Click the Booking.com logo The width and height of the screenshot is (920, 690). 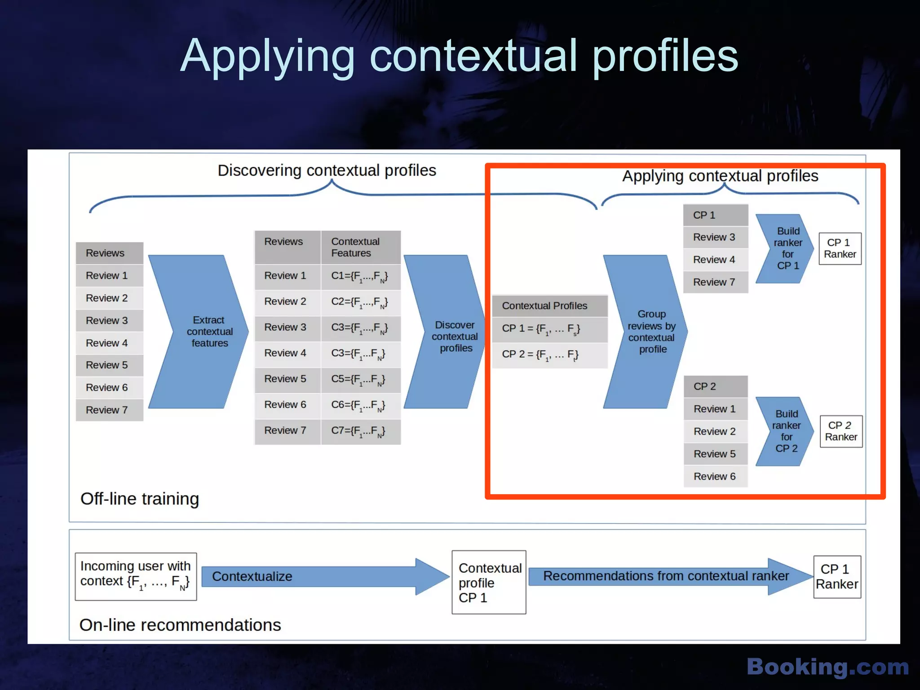point(827,667)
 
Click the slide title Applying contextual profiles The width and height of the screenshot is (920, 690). point(459,56)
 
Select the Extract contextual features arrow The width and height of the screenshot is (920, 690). point(202,332)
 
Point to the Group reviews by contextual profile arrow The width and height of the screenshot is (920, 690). point(647,332)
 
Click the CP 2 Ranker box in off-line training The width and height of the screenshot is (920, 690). point(841,431)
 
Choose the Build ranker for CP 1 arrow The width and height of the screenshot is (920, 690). point(785,248)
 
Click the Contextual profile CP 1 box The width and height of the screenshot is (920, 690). point(489,583)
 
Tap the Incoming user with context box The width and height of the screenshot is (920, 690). point(136,576)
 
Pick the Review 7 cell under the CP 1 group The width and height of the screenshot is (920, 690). point(715,282)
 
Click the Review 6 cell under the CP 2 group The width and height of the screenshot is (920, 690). point(715,476)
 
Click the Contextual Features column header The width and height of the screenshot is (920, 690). point(360,248)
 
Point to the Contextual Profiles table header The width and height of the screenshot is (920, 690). point(549,306)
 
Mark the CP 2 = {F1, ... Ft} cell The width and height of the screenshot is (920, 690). point(549,355)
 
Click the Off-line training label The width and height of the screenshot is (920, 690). point(140,499)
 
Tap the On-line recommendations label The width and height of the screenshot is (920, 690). point(180,625)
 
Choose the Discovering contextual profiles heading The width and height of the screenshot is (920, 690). point(327,171)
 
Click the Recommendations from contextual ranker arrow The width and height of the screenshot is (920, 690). point(669,576)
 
